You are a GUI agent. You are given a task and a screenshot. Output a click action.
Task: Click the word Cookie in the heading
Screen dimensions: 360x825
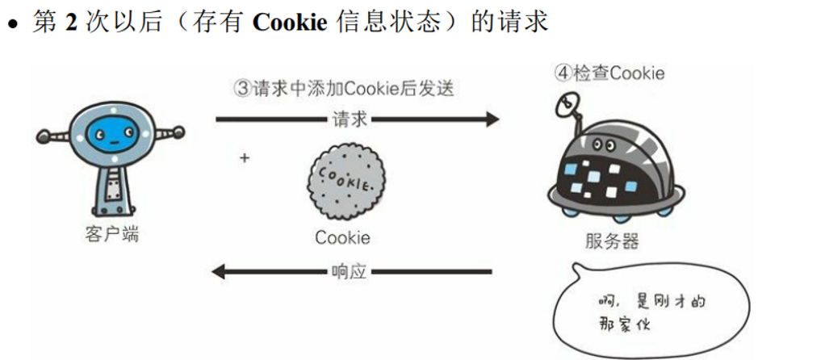tap(290, 21)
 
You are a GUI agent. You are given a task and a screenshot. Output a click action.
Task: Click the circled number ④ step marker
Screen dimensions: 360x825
tap(563, 73)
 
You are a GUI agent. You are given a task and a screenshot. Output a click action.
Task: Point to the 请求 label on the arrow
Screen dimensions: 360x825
tap(349, 119)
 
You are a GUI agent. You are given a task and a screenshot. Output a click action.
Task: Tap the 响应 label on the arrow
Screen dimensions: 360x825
tap(349, 272)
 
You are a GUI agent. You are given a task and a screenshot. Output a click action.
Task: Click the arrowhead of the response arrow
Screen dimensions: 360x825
tap(220, 272)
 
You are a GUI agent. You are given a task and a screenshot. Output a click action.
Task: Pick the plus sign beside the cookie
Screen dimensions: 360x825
tap(245, 158)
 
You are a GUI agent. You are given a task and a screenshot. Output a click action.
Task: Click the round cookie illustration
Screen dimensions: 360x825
tap(345, 184)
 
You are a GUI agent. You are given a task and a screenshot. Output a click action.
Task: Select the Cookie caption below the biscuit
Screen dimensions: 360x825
tap(343, 237)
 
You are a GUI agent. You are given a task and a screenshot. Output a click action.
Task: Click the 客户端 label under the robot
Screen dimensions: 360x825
tap(111, 235)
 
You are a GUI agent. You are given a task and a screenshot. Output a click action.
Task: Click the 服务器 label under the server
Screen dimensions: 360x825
tap(612, 241)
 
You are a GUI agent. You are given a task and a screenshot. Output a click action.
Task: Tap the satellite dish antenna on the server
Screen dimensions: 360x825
tap(567, 103)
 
